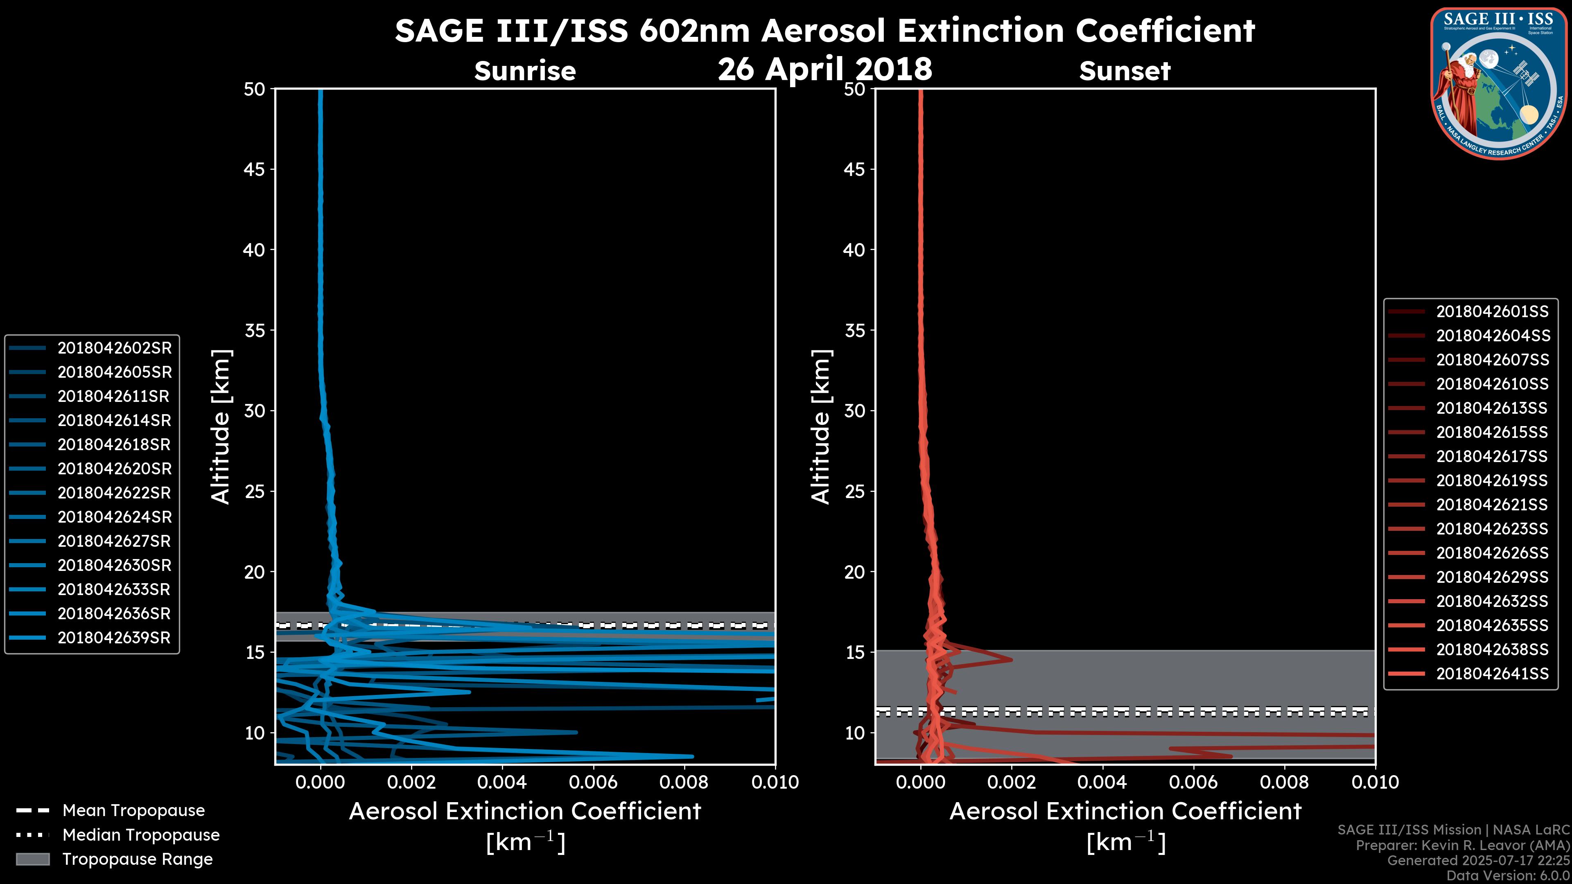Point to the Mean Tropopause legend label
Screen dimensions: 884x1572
click(x=133, y=810)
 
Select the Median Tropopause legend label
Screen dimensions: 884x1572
click(x=141, y=834)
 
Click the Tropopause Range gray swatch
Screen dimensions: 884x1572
click(x=32, y=859)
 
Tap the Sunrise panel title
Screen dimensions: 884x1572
click(x=525, y=71)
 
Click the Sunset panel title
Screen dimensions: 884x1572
click(x=1125, y=71)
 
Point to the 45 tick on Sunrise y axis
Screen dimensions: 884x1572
click(x=255, y=169)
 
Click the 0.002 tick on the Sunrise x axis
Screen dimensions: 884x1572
click(x=411, y=782)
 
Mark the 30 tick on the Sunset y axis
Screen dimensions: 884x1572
click(x=854, y=410)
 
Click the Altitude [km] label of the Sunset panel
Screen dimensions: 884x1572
click(x=821, y=427)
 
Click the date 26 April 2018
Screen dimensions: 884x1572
click(x=825, y=69)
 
